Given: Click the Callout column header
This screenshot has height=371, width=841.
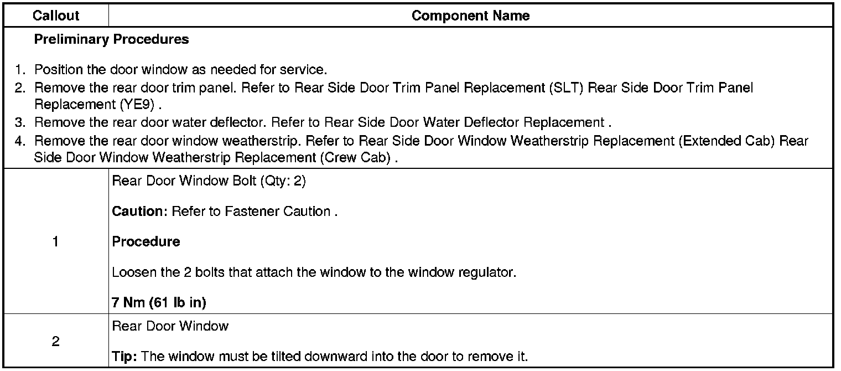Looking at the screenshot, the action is point(56,16).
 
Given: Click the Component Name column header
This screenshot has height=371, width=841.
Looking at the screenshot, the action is point(470,16).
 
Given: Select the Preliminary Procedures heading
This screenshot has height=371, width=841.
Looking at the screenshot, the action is point(111,40).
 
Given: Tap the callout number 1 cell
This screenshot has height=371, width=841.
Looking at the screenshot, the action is point(55,242).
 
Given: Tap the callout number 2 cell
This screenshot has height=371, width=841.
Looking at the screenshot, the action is point(55,342).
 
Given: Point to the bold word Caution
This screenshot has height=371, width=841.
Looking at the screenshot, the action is point(139,212).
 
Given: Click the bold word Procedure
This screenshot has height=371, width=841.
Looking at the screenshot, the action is point(146,242).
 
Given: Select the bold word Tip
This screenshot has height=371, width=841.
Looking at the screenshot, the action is point(124,356).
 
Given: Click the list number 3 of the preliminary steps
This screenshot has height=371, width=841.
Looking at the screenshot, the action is point(20,122).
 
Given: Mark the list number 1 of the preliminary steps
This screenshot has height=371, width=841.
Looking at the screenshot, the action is point(20,70).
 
